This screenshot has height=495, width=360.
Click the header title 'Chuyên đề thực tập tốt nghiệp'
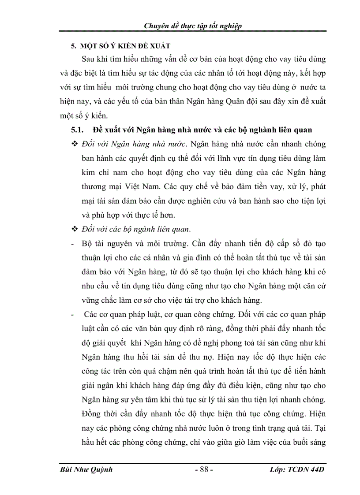tap(193, 26)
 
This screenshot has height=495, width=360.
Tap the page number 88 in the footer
tap(204, 469)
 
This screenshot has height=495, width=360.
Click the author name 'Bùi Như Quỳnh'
tap(86, 469)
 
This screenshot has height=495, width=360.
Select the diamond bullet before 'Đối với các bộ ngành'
tap(74, 229)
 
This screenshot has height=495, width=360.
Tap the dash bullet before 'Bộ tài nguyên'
tap(72, 244)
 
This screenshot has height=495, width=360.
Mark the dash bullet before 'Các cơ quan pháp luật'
tap(72, 315)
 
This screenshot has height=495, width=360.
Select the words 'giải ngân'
tap(98, 386)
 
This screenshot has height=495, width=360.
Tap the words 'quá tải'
tap(291, 429)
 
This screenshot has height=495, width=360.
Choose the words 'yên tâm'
tap(146, 400)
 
